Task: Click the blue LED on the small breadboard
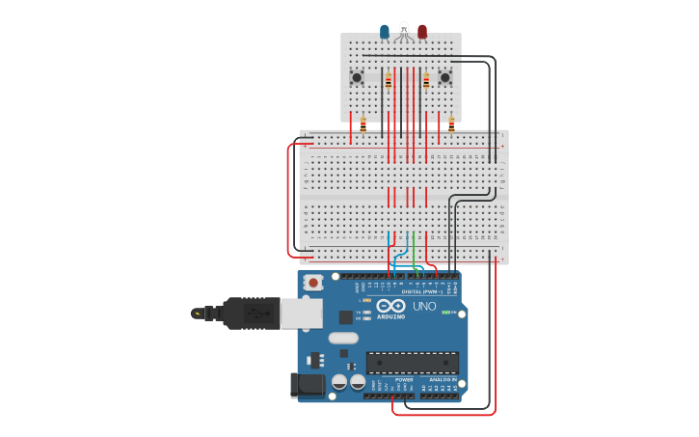(x=385, y=32)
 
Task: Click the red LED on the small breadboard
(x=422, y=32)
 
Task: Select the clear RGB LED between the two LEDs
(x=403, y=30)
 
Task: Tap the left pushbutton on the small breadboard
(x=357, y=77)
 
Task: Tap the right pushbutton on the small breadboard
(x=445, y=77)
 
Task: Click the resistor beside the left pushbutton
(x=389, y=81)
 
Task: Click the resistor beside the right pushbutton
(x=426, y=81)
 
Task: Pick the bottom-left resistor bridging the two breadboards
(x=363, y=124)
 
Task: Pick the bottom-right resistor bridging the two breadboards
(x=451, y=124)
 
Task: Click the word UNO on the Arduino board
(x=424, y=306)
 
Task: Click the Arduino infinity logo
(x=390, y=306)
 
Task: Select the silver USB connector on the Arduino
(x=302, y=313)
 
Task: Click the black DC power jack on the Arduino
(x=308, y=385)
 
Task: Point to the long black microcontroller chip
(x=412, y=363)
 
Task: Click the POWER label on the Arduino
(x=404, y=380)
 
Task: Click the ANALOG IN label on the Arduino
(x=444, y=380)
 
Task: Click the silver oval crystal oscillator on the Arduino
(x=343, y=338)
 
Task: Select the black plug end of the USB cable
(x=250, y=314)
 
